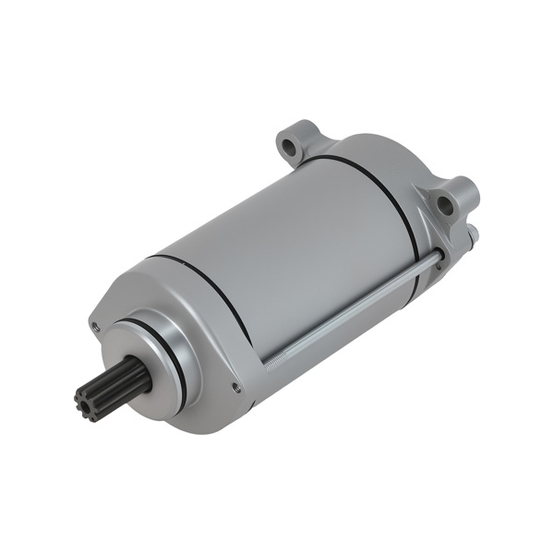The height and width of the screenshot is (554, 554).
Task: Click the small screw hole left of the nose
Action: [94, 326]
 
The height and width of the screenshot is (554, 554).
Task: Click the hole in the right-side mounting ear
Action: [446, 204]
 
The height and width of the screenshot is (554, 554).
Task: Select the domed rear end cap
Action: [388, 166]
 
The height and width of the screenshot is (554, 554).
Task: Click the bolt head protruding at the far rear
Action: [471, 235]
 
